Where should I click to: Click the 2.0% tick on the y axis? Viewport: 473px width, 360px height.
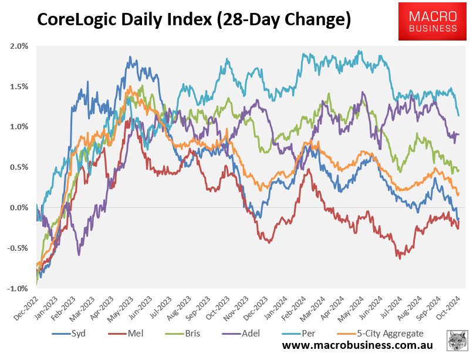point(19,46)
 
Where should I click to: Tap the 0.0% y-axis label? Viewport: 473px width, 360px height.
point(19,207)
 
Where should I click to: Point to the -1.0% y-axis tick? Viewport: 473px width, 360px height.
point(18,288)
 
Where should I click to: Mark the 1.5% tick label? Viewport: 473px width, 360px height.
point(19,86)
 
